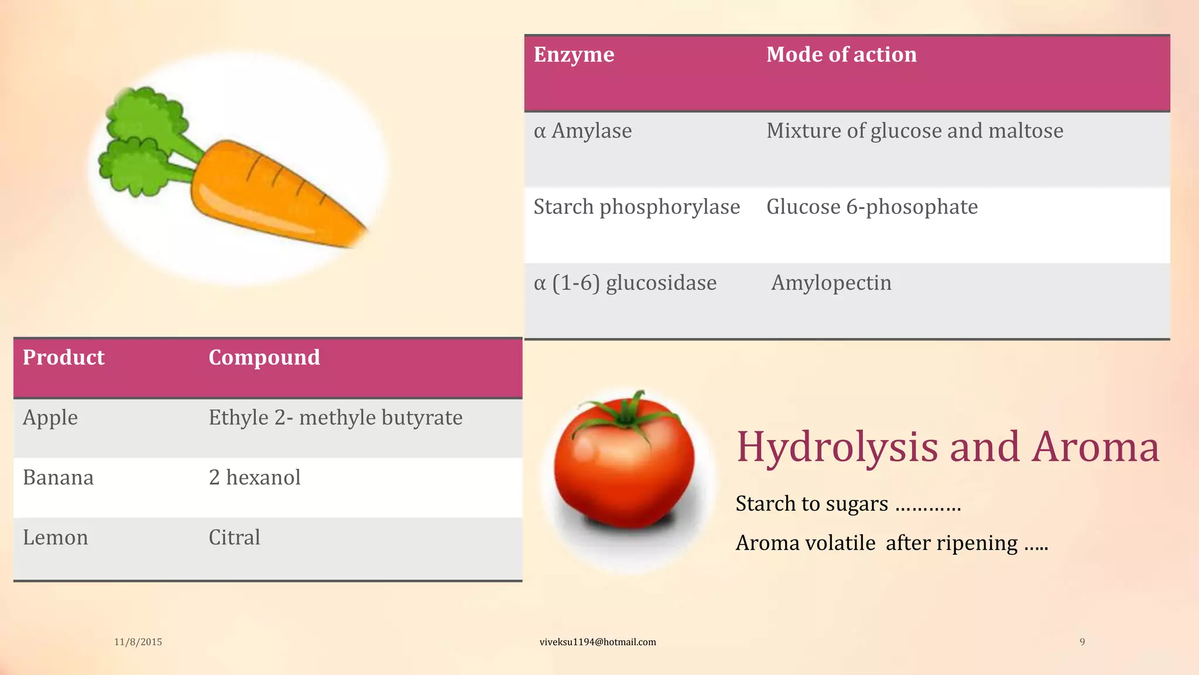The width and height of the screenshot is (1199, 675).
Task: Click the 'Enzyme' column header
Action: pos(574,54)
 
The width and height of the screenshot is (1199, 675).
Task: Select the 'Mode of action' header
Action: pos(841,54)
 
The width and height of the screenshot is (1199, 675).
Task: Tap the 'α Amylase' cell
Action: pos(583,131)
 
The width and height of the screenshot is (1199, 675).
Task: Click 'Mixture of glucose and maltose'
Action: pos(914,131)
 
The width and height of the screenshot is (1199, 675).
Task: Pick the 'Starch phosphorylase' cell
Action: pos(636,207)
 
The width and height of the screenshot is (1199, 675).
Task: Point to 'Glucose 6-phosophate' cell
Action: pos(872,207)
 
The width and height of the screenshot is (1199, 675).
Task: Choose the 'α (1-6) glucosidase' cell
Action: pos(625,283)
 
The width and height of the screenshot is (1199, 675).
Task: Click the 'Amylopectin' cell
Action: pos(831,283)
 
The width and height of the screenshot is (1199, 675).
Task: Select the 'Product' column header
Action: pos(63,357)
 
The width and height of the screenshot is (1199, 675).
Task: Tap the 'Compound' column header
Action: pos(264,357)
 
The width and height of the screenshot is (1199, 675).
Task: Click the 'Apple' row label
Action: pos(50,418)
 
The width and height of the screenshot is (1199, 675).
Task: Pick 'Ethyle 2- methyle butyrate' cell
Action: pos(335,418)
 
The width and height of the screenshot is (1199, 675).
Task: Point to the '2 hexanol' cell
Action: pos(255,478)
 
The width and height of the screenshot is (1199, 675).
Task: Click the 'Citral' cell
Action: pos(234,537)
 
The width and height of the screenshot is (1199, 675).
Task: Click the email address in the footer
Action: pos(597,642)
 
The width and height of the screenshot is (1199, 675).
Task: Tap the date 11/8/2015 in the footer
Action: pos(138,642)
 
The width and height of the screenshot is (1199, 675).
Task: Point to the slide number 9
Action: pos(1082,642)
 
